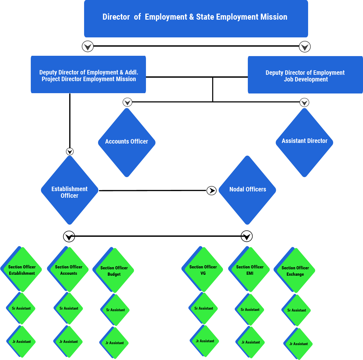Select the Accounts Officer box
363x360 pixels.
(x=127, y=141)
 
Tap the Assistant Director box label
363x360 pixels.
(x=304, y=141)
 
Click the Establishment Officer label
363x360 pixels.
(x=69, y=192)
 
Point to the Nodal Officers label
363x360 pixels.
(x=247, y=189)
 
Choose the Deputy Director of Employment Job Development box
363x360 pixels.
(x=305, y=75)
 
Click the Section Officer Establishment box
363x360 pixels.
(x=22, y=270)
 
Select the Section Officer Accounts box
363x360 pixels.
(x=69, y=270)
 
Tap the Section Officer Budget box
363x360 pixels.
(x=114, y=271)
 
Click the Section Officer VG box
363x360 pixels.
(x=203, y=270)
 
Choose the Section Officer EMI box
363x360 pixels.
(x=250, y=270)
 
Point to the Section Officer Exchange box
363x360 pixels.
(x=295, y=271)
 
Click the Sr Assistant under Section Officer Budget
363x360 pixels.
(x=115, y=310)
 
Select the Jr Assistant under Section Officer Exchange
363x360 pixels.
(x=299, y=344)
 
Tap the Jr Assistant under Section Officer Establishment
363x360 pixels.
(x=22, y=341)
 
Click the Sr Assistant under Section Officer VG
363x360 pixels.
(x=204, y=308)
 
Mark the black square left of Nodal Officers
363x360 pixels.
(x=211, y=191)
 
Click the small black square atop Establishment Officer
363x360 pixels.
(x=70, y=151)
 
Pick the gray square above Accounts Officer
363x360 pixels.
(x=127, y=102)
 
